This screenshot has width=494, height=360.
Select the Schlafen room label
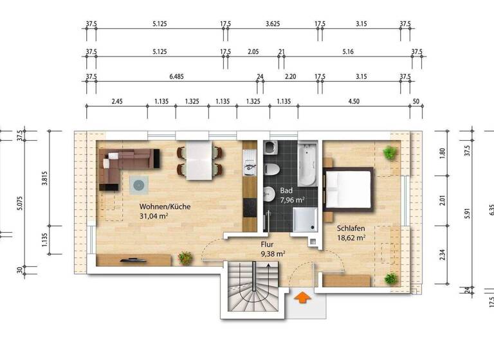[x=351, y=232]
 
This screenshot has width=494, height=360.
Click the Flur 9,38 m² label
[x=272, y=249]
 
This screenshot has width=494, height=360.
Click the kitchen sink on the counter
[x=249, y=168]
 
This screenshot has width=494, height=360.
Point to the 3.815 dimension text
[x=45, y=177]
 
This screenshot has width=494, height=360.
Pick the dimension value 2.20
[x=290, y=76]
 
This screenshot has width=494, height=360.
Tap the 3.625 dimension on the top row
[x=273, y=24]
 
